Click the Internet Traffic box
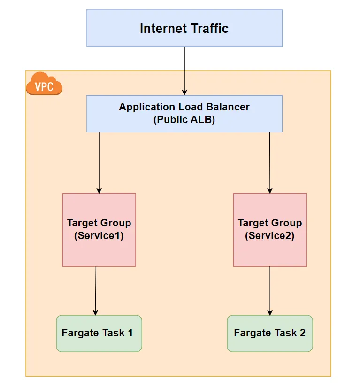pyautogui.click(x=184, y=28)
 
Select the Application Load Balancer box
pyautogui.click(x=184, y=114)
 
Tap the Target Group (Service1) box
pyautogui.click(x=99, y=230)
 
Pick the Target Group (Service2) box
pyautogui.click(x=270, y=230)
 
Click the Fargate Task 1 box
pyautogui.click(x=99, y=334)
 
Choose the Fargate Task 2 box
pyautogui.click(x=270, y=334)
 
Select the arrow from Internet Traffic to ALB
pyautogui.click(x=184, y=70)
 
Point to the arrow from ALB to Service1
pyautogui.click(x=99, y=162)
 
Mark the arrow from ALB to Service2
pyautogui.click(x=270, y=162)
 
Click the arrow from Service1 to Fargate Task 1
pyautogui.click(x=96, y=290)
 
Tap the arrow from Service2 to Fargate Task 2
pyautogui.click(x=270, y=290)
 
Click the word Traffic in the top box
pyautogui.click(x=207, y=28)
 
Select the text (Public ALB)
pyautogui.click(x=184, y=120)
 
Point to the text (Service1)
pyautogui.click(x=99, y=236)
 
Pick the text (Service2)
pyautogui.click(x=270, y=236)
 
